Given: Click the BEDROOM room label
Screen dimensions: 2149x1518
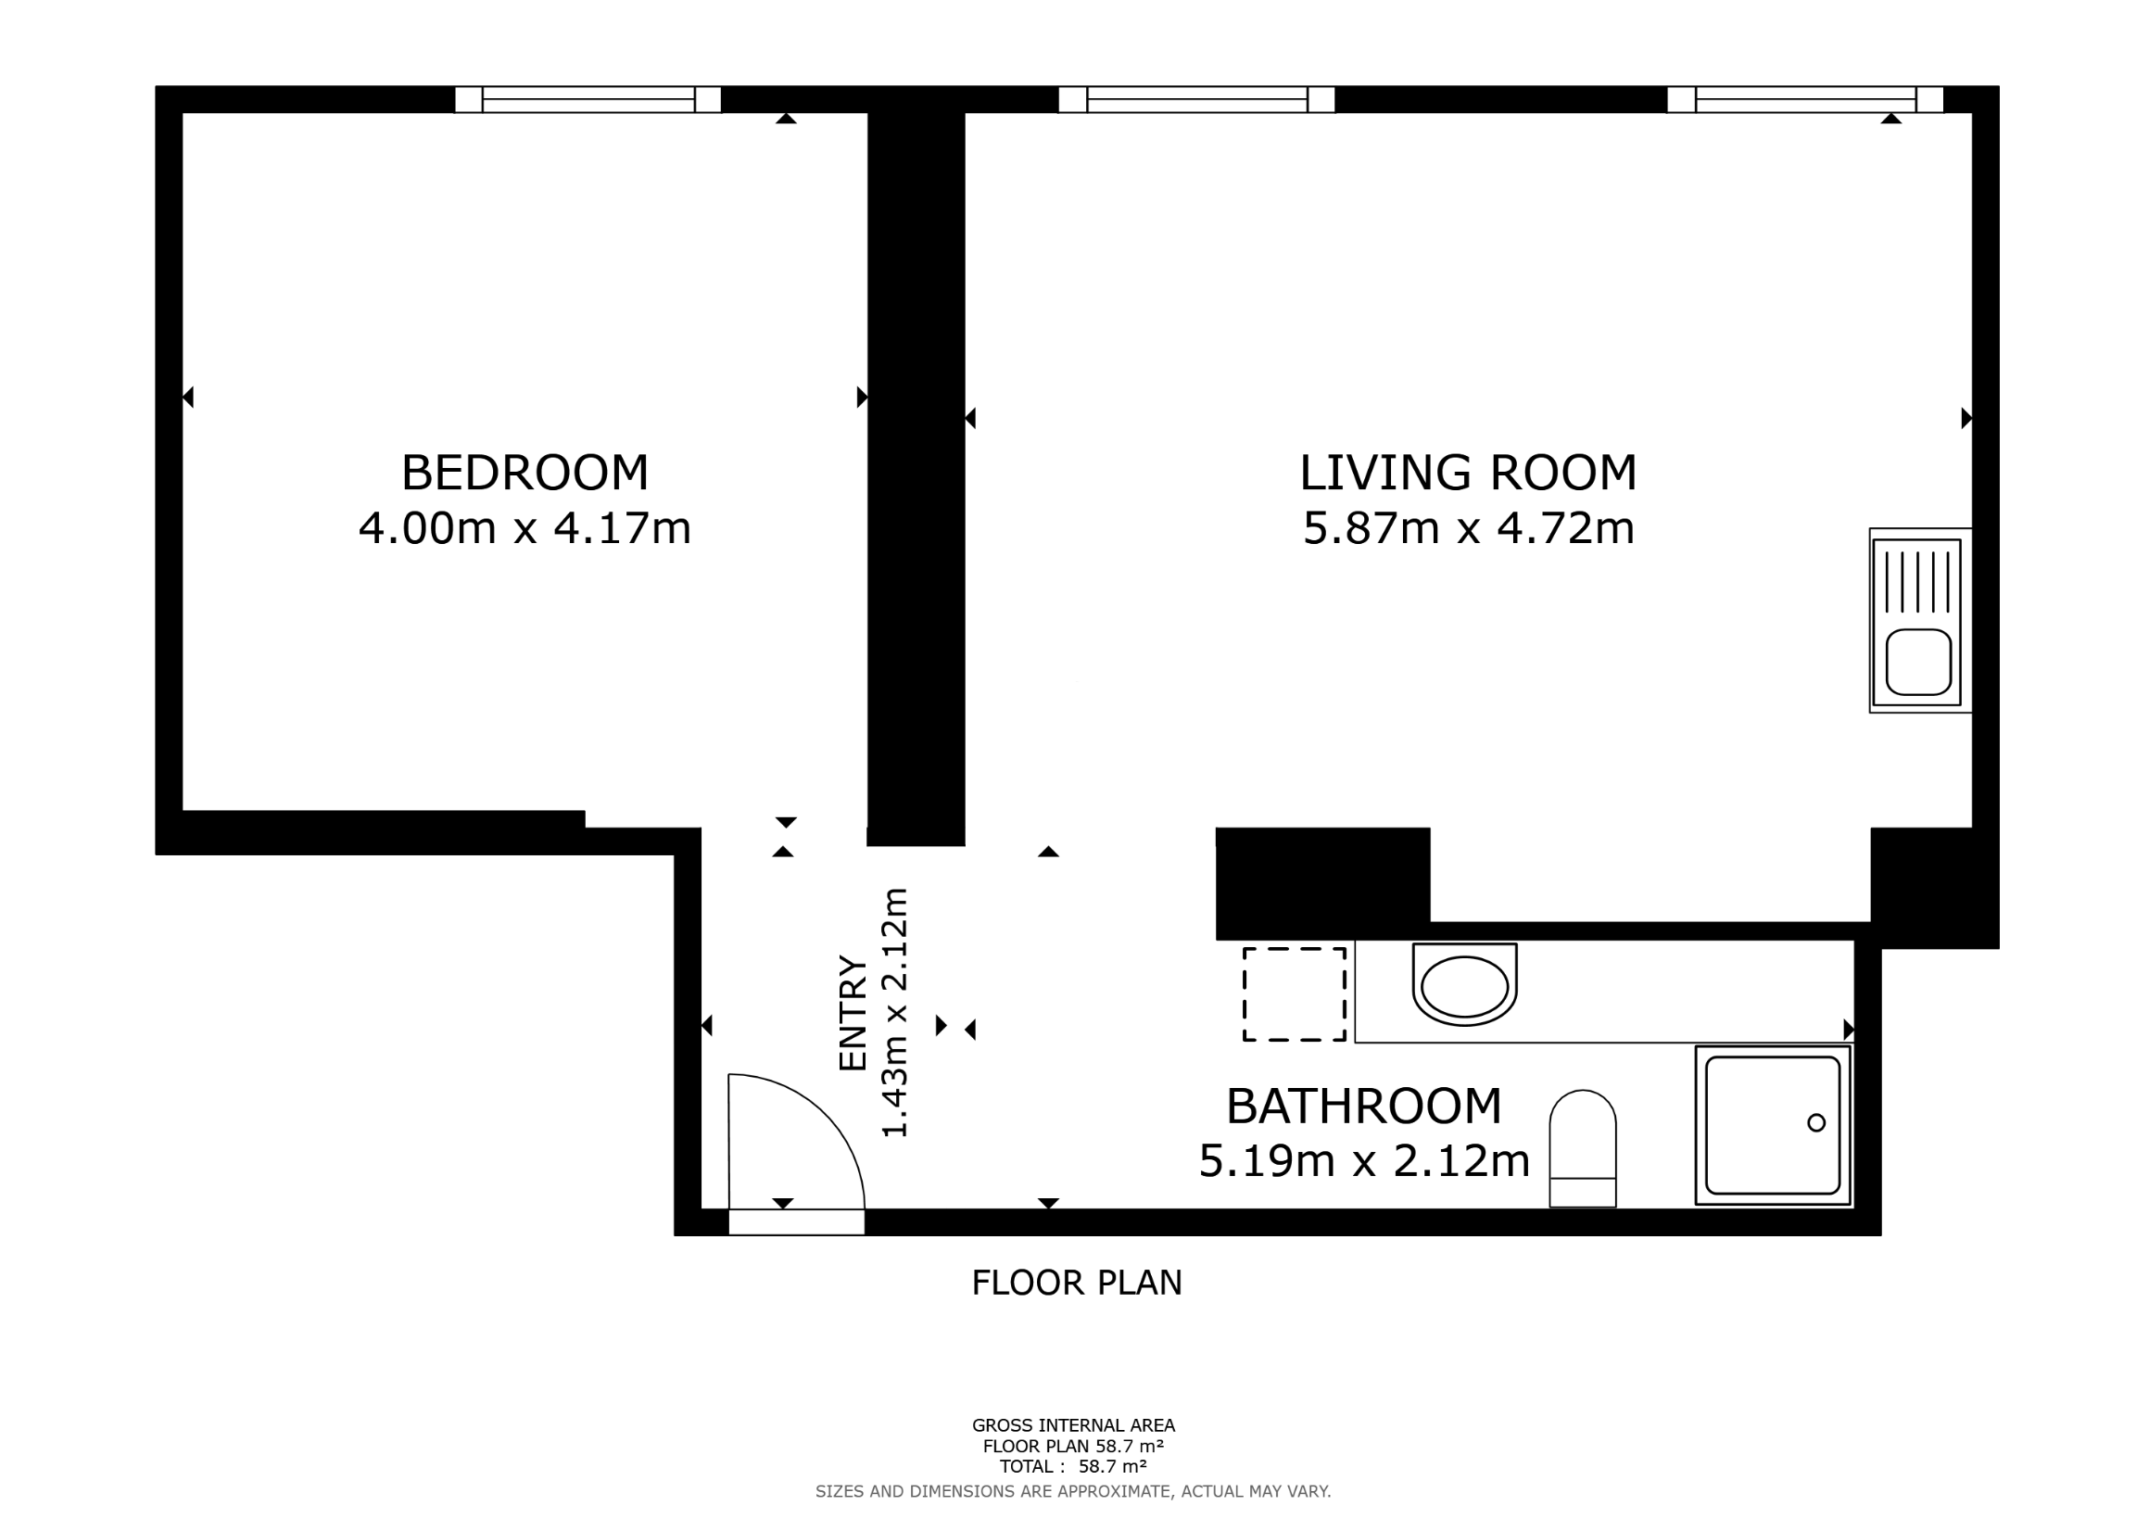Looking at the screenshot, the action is (525, 473).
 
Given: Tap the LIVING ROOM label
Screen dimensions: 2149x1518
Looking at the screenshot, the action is (1468, 473).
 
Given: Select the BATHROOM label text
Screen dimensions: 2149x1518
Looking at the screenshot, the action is (1364, 1107).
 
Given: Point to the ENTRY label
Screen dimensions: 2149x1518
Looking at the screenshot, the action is (853, 1013).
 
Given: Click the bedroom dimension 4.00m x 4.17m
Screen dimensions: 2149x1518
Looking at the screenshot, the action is (525, 529).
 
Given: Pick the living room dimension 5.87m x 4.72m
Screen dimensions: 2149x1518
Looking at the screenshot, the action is (1469, 529).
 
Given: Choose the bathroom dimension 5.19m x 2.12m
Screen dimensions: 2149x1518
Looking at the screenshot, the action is (1364, 1161).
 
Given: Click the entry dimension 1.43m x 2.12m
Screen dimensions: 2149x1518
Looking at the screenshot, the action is (896, 1013).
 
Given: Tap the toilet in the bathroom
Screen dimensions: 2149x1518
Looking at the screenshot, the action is (1583, 1148).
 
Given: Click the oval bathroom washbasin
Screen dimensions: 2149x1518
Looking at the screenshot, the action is (1464, 985).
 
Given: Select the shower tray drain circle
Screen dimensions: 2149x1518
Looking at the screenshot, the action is (1815, 1122).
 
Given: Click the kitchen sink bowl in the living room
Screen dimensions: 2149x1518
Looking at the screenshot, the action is (1918, 662).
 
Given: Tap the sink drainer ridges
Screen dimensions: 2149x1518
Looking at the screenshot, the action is (1918, 581).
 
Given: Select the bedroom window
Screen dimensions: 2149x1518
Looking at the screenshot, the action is (588, 99).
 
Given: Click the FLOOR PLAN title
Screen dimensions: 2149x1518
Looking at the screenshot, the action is (1077, 1284).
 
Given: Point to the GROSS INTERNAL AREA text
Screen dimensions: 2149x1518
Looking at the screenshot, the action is (1073, 1425).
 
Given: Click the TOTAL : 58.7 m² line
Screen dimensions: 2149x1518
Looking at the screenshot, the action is (1073, 1466).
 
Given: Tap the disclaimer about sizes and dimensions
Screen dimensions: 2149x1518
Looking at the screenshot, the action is (1072, 1492).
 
